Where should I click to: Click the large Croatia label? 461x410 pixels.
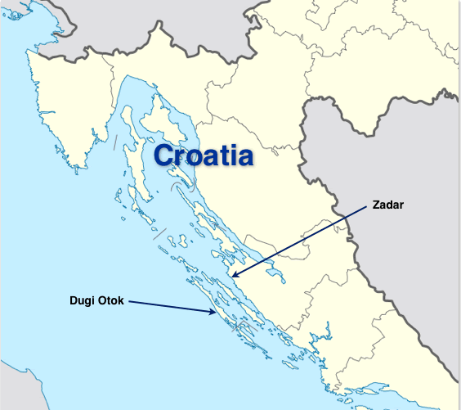click(203, 155)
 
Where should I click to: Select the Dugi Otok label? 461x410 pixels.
click(96, 300)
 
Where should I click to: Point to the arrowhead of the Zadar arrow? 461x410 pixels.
click(232, 277)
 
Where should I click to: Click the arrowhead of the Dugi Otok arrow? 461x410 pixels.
click(215, 311)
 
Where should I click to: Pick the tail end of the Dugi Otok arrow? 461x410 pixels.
click(128, 301)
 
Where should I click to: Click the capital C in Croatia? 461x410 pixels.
click(165, 155)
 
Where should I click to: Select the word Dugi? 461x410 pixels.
click(81, 300)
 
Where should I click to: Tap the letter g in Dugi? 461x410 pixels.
click(87, 301)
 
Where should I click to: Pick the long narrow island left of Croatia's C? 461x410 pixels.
click(137, 168)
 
